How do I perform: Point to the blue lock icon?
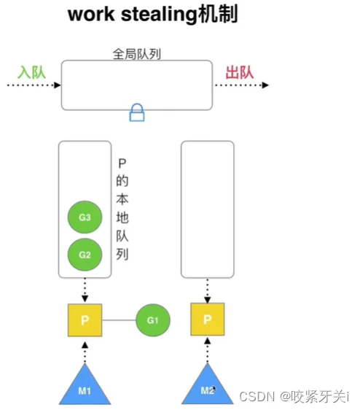click(137, 112)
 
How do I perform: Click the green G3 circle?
click(85, 217)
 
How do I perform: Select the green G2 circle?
click(85, 255)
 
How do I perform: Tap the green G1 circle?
click(152, 320)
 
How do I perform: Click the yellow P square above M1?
click(85, 320)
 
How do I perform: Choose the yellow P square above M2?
click(208, 320)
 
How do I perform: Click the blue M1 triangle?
click(85, 387)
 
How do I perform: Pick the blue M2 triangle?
click(208, 387)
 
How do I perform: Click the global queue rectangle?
click(137, 85)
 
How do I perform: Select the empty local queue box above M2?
click(208, 209)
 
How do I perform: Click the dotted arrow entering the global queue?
click(32, 85)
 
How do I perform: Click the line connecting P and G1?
click(119, 320)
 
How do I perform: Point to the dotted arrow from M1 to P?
click(85, 351)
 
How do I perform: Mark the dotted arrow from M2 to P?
click(208, 351)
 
